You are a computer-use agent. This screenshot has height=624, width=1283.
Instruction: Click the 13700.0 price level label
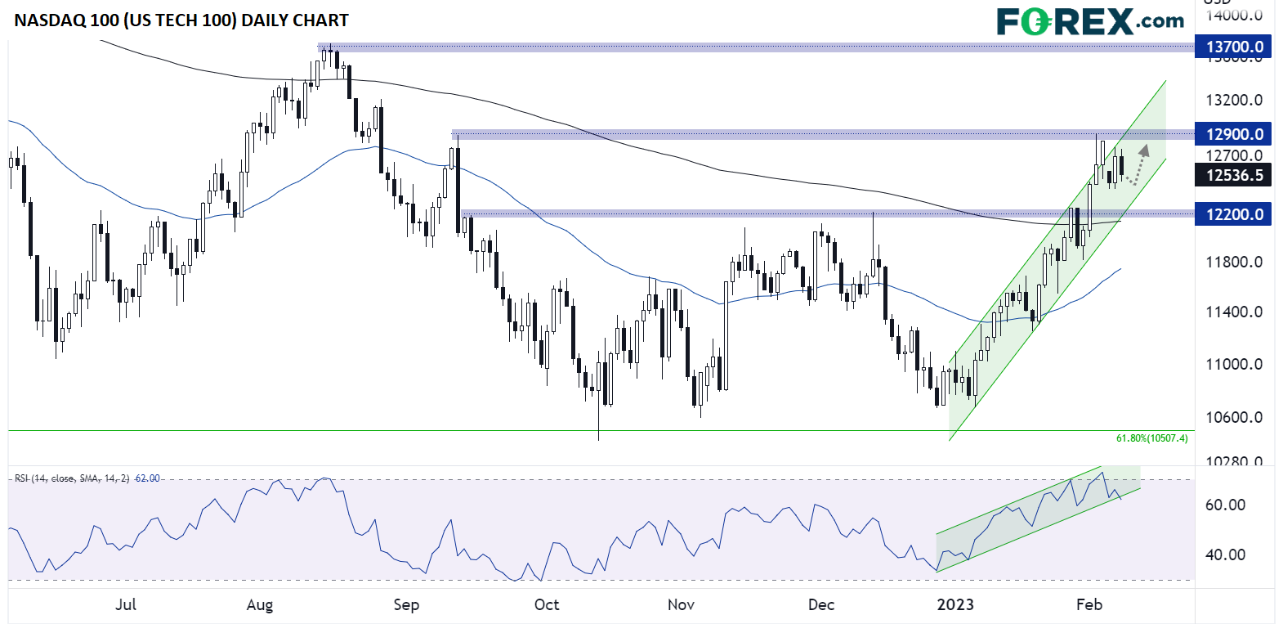[1233, 47]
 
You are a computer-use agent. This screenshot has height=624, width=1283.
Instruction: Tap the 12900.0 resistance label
[1233, 134]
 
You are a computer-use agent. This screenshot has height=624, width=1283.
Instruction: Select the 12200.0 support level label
[1233, 214]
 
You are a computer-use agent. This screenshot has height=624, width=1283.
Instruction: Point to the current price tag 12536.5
[1233, 175]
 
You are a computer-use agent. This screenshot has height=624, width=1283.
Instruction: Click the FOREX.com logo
[1089, 21]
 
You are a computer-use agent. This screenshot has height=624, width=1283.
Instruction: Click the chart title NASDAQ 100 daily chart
[181, 20]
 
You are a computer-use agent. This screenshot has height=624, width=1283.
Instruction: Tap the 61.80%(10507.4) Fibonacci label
[1151, 438]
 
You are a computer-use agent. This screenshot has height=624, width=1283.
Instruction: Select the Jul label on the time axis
[126, 604]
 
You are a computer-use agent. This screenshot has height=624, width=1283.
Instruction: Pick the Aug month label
[259, 604]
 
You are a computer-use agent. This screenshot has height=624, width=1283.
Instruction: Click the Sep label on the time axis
[406, 604]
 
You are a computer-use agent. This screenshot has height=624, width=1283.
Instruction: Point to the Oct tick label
[546, 604]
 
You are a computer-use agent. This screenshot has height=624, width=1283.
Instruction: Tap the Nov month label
[681, 604]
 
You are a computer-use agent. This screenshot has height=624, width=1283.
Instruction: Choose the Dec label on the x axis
[820, 604]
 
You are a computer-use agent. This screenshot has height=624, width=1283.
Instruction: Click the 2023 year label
[954, 604]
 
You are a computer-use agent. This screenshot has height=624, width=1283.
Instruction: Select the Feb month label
[1089, 604]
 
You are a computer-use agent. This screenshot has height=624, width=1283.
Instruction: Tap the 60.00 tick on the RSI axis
[1225, 505]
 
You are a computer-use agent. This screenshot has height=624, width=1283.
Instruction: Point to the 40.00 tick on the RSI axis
[1225, 554]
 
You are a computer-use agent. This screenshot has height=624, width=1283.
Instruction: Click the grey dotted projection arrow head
[1144, 150]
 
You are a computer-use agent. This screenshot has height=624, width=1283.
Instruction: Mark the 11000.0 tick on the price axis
[1234, 364]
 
